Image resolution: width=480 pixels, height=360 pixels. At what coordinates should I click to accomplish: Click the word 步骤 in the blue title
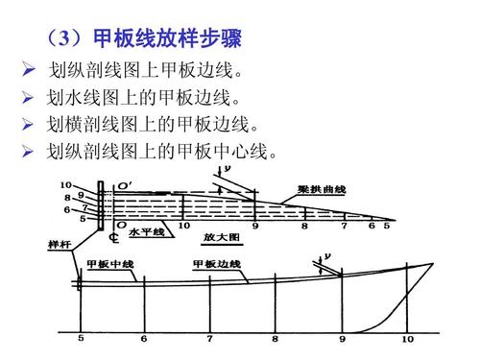(222, 39)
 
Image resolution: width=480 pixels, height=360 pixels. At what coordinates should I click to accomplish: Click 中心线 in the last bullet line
(243, 151)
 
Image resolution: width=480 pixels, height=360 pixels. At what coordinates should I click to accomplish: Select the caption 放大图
(220, 234)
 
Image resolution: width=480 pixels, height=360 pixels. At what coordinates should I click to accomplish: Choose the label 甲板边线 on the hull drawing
(216, 263)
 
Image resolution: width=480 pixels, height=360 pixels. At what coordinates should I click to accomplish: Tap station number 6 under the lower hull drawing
(144, 338)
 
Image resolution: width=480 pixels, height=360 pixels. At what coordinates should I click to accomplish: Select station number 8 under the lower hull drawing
(276, 338)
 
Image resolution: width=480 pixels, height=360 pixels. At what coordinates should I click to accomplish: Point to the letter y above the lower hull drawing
(329, 254)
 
